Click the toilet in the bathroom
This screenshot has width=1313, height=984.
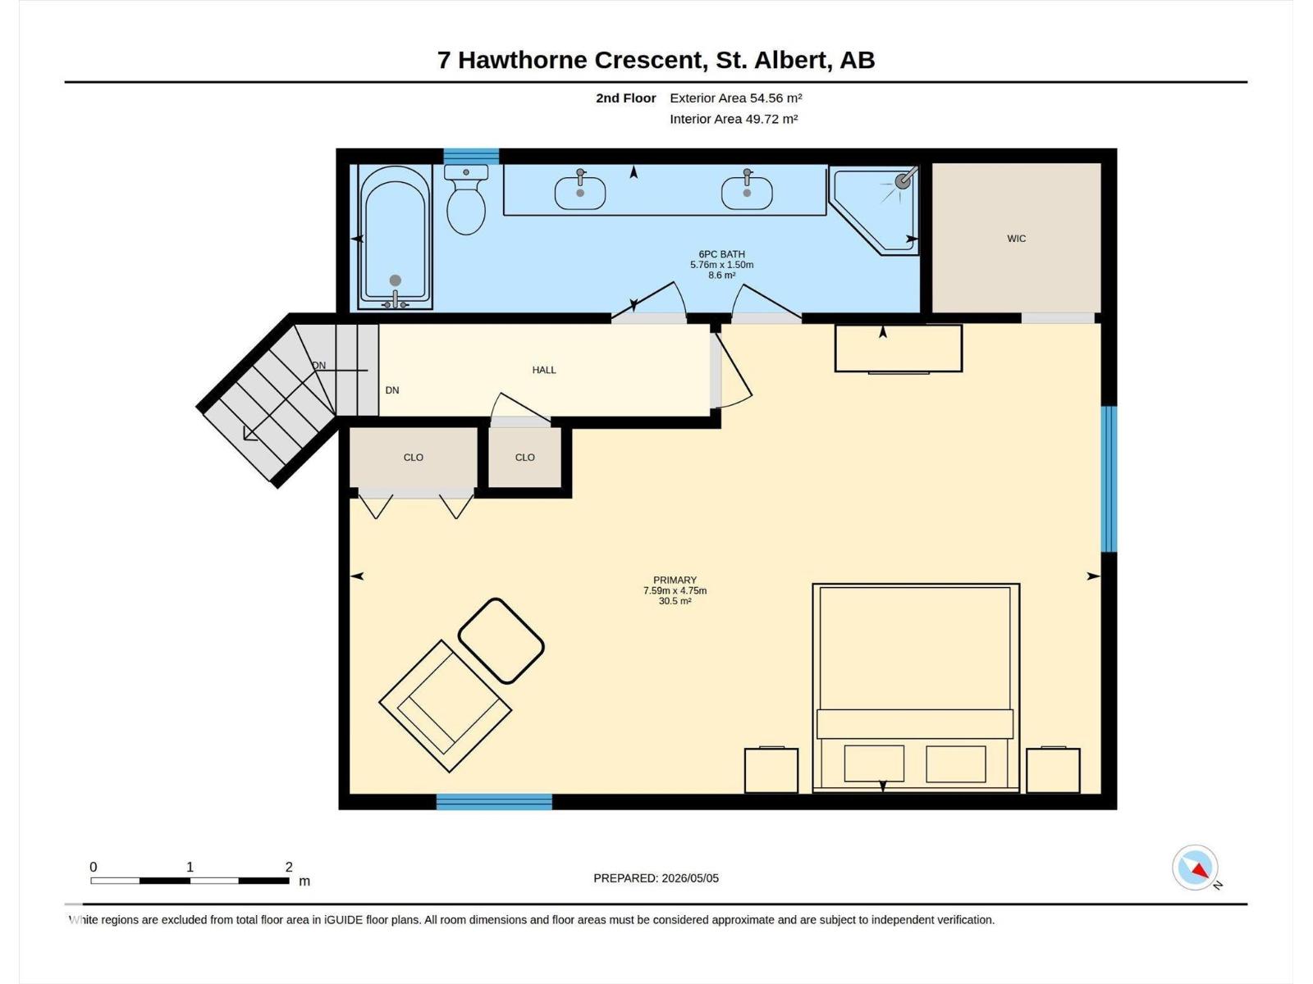click(466, 199)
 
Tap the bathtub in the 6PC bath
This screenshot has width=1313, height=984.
click(395, 237)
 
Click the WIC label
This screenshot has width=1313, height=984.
click(1016, 239)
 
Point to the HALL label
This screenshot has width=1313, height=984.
click(544, 370)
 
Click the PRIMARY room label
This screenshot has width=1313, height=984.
click(675, 580)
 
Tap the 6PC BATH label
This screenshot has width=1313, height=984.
click(721, 254)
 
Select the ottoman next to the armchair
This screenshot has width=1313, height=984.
click(501, 640)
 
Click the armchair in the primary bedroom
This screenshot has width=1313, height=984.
click(445, 706)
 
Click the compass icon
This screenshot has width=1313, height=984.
click(1195, 868)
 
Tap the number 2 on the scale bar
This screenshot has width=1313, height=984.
click(289, 866)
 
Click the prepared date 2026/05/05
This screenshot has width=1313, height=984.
click(689, 878)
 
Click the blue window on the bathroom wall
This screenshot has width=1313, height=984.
click(471, 157)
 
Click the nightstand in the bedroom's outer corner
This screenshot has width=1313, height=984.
click(1053, 770)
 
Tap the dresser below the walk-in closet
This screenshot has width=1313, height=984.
click(899, 349)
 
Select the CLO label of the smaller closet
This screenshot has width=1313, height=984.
click(524, 457)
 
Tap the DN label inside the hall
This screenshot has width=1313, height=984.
click(391, 390)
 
